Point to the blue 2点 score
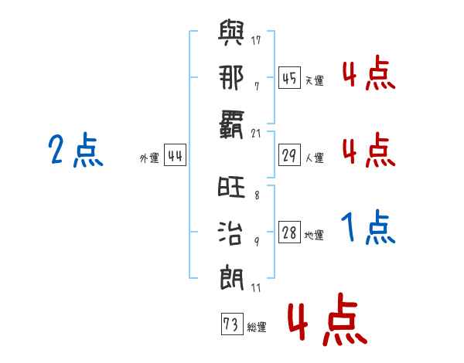tap(75, 151)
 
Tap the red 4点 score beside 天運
tap(368, 74)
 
